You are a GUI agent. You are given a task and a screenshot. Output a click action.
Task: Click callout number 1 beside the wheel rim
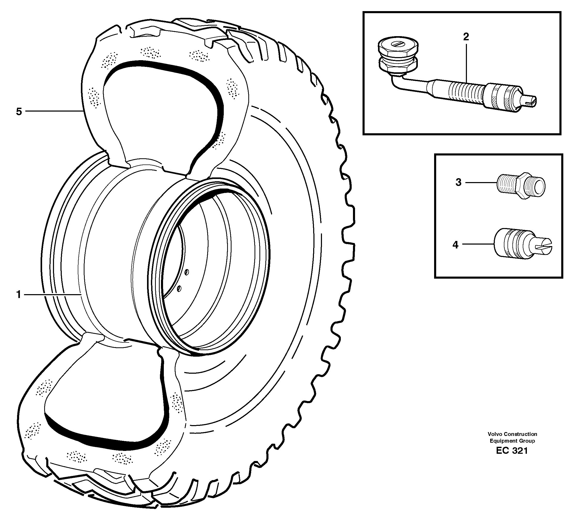[x=19, y=294]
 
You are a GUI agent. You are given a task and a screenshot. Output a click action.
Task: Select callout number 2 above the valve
[x=466, y=37]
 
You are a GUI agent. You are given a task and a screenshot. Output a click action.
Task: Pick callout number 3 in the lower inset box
[x=458, y=182]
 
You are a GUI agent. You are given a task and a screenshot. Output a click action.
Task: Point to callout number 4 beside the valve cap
[x=455, y=245]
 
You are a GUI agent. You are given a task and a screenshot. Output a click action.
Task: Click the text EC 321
[x=512, y=451]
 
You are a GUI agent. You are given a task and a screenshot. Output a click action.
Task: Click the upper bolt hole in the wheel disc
[x=186, y=272]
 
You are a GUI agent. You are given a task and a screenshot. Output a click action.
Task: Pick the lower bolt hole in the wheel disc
[x=179, y=288]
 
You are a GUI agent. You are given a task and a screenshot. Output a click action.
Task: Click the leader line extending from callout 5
[x=53, y=111]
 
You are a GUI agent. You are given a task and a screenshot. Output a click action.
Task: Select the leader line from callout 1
[x=52, y=294]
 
